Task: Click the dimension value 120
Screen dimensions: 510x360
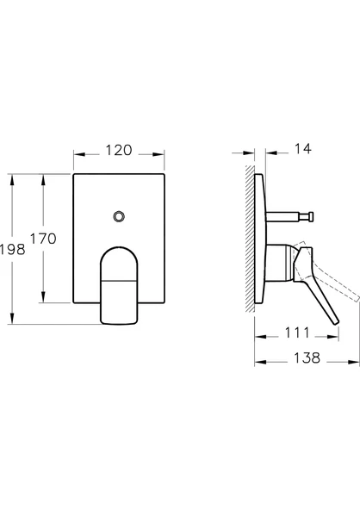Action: tap(118, 151)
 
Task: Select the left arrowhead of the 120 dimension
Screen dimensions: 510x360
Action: tap(77, 156)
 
